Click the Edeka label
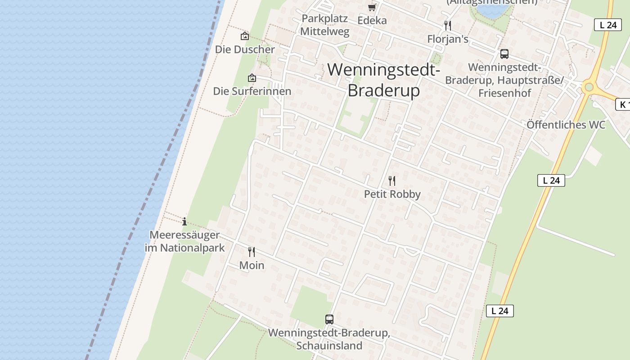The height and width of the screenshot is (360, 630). [x=372, y=20]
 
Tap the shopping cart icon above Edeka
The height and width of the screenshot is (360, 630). [x=372, y=7]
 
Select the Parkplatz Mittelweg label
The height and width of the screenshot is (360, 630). [x=324, y=25]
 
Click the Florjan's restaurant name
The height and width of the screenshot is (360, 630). [x=448, y=39]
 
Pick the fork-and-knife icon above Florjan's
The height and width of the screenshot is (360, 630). [x=447, y=25]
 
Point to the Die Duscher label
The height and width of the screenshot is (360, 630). [x=245, y=49]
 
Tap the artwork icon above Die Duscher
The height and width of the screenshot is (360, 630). [x=245, y=36]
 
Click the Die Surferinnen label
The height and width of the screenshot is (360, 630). [x=252, y=91]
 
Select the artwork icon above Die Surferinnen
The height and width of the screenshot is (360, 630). [x=252, y=78]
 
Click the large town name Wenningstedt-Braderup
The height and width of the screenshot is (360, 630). [x=383, y=80]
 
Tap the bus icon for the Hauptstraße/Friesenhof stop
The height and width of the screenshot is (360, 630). [x=504, y=54]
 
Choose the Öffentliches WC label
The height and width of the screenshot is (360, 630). [x=566, y=125]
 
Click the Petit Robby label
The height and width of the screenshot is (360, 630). [x=392, y=194]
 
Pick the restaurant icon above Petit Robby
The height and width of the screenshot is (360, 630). [x=392, y=181]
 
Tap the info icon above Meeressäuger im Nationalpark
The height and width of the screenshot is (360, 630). [x=184, y=221]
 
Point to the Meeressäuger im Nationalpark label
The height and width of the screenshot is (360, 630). [x=184, y=241]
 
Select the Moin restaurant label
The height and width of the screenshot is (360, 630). [x=252, y=265]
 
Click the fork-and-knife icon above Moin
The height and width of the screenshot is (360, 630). [x=252, y=252]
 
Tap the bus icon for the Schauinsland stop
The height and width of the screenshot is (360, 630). [x=329, y=319]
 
